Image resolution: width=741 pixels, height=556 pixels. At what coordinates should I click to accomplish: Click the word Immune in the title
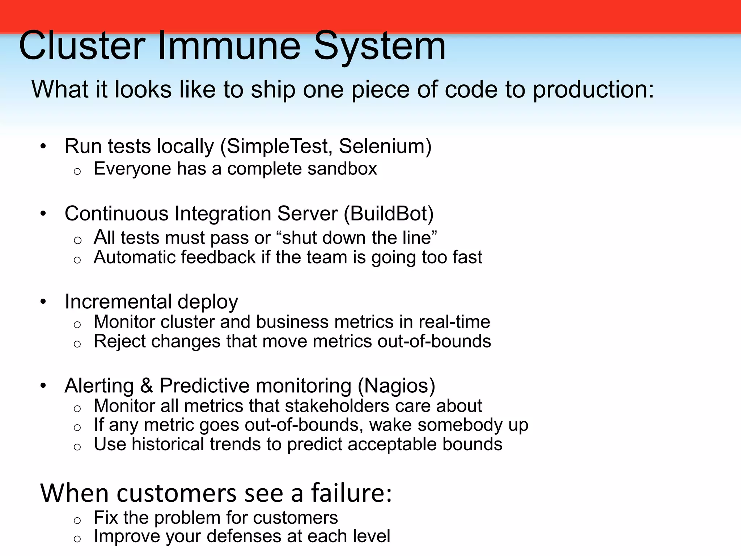229,46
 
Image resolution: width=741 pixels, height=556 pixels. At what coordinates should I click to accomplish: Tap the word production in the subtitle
593,89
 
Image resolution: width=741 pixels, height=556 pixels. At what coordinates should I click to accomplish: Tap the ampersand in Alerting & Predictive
146,386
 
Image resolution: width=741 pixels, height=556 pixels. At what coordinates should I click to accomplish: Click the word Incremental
118,302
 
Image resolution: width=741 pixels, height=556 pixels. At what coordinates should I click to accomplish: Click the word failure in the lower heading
351,493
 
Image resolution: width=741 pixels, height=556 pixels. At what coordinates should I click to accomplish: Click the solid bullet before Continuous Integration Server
43,214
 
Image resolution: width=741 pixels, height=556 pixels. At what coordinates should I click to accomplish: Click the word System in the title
380,46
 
